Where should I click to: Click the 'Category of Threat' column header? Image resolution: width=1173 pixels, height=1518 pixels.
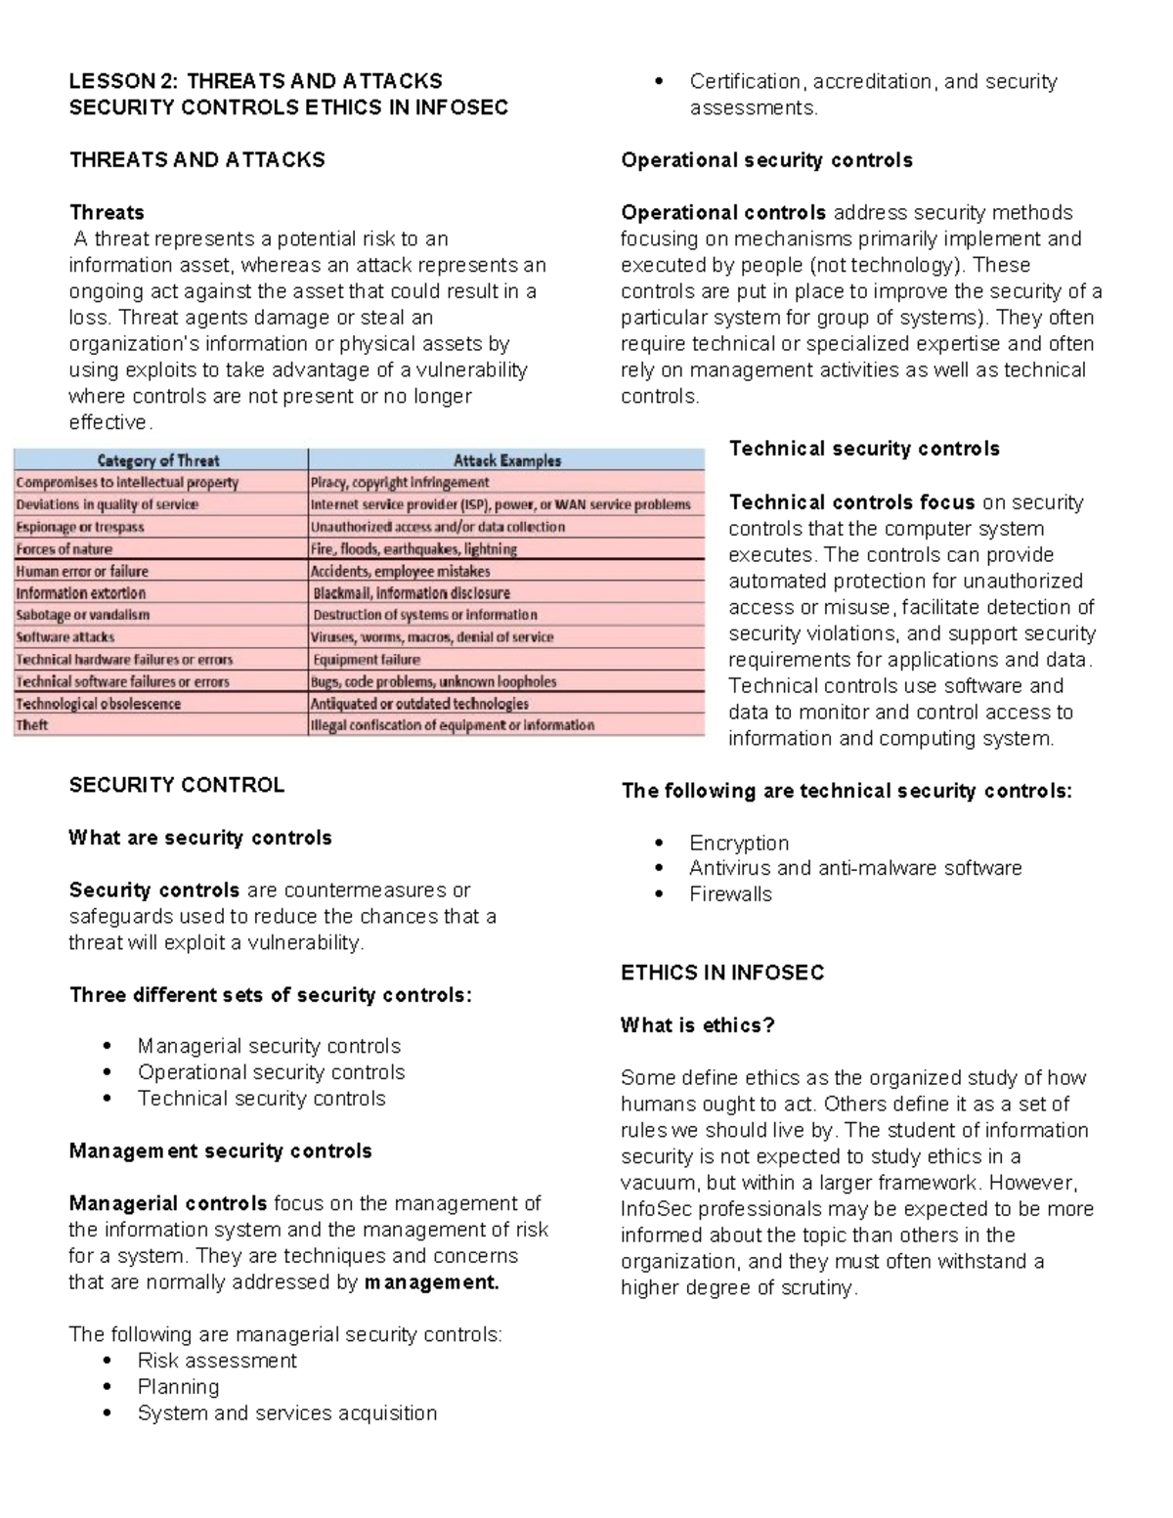point(158,460)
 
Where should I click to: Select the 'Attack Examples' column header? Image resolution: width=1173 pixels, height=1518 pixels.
point(506,460)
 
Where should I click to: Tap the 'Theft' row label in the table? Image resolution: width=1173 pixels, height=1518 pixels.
point(32,725)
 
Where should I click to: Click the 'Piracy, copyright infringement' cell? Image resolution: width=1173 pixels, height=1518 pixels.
point(400,483)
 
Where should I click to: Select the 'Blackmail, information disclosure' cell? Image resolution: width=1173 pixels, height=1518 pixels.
point(412,593)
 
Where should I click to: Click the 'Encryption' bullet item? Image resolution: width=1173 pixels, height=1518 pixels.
point(738,843)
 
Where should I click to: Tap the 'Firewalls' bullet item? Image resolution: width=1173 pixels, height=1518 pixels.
point(730,894)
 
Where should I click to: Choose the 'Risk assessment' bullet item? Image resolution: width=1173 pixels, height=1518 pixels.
point(217,1361)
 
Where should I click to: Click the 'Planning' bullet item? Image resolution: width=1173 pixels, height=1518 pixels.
point(178,1387)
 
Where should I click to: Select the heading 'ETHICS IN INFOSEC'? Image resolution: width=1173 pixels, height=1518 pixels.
point(722,973)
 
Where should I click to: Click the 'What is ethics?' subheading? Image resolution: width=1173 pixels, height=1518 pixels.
point(697,1025)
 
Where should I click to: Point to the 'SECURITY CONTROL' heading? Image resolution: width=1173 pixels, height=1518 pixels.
point(177,786)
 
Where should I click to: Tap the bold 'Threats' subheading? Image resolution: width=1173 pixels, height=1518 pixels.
point(107,213)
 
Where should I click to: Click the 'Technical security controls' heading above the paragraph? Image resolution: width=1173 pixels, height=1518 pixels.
point(864,449)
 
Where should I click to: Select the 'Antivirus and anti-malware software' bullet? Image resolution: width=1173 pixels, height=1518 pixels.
point(855,868)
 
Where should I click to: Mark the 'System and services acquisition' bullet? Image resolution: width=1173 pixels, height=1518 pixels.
point(287,1413)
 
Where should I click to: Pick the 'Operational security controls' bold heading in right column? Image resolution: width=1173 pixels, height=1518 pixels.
point(766,160)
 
